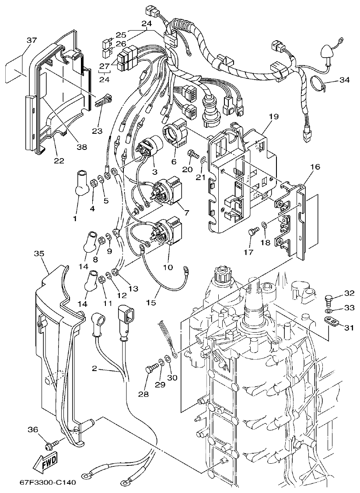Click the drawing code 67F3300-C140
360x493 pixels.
[48, 483]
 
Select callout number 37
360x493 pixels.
[31, 40]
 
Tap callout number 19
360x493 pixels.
[274, 117]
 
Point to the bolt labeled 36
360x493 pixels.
[49, 445]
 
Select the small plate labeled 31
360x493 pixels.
[333, 322]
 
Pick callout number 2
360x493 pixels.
[94, 368]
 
